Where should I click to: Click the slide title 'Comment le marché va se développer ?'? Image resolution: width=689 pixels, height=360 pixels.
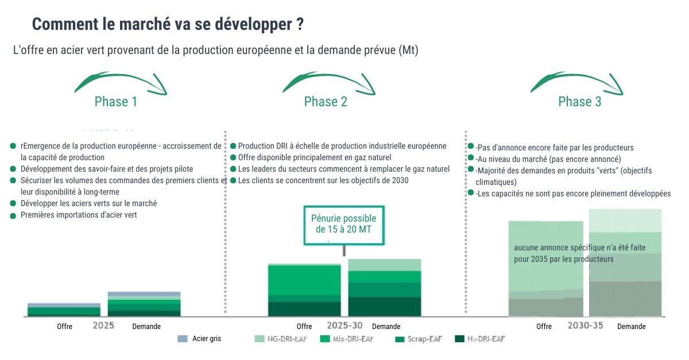coord(168,25)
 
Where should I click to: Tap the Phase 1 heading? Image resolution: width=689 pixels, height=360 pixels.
coord(116,102)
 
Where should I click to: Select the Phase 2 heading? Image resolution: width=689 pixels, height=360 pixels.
coord(326,102)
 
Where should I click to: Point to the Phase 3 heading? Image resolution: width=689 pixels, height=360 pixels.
coord(580,102)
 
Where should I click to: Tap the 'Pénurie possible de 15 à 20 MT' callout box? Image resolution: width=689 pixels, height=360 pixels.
coord(343,224)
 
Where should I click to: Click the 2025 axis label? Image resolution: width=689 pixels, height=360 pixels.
coord(103,326)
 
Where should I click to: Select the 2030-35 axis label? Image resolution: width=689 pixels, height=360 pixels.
coord(585,326)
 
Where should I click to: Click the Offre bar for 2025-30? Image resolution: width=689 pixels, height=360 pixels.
coord(304,291)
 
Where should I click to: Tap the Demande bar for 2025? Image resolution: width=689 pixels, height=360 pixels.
coord(144,304)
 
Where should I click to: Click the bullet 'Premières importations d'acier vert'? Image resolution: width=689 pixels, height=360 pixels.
coord(79,215)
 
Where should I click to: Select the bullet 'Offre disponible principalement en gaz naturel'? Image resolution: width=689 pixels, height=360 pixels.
coord(314,157)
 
